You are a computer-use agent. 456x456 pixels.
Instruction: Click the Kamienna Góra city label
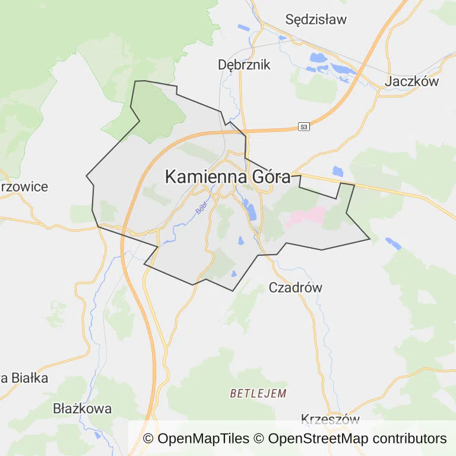tap(227, 177)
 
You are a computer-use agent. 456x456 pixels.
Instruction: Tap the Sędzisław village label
tap(316, 20)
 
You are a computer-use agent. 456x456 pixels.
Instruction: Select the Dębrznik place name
tap(244, 65)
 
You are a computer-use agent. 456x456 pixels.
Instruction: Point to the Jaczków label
tap(412, 82)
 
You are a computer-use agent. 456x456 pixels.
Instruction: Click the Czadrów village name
tap(296, 288)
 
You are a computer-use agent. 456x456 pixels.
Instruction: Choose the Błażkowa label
tap(83, 409)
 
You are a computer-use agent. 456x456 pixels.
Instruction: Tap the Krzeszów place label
tap(330, 419)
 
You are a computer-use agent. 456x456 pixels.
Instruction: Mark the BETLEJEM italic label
tap(258, 394)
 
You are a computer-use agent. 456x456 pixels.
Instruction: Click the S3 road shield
tap(304, 127)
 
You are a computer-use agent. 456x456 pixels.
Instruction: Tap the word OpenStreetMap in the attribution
tap(318, 439)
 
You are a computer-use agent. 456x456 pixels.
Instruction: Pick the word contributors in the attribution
tap(408, 439)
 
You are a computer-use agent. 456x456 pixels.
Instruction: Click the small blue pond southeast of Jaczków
tap(393, 242)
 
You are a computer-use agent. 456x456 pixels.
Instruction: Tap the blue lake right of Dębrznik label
tap(319, 58)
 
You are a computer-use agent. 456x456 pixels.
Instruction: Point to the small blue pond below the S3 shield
tap(338, 172)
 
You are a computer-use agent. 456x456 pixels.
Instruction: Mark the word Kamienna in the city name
tap(199, 177)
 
